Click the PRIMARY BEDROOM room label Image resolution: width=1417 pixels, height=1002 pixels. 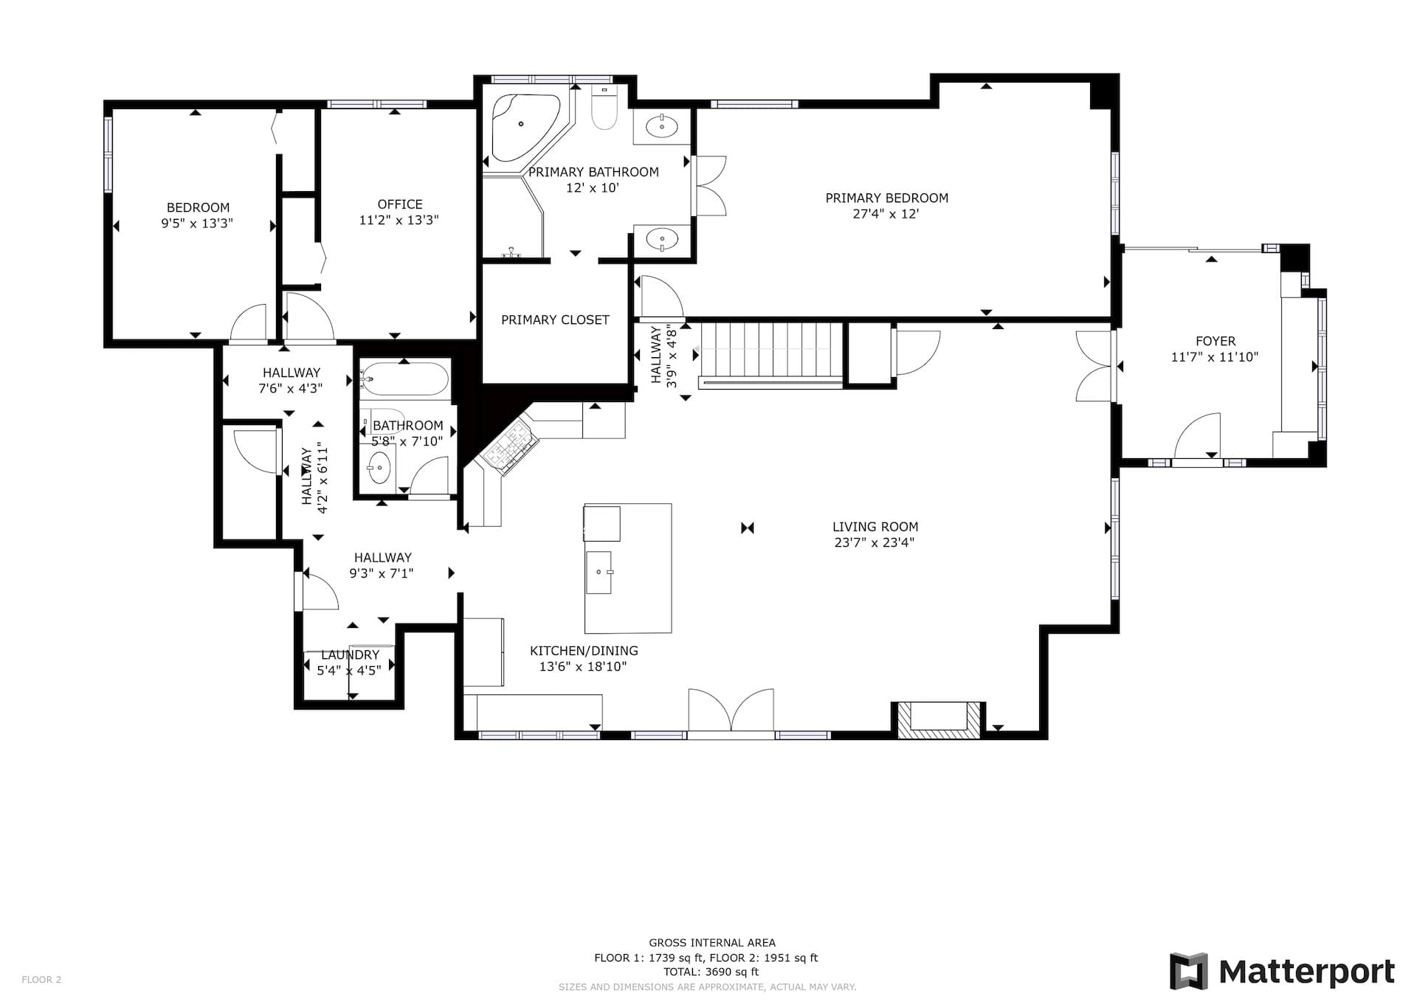pyautogui.click(x=886, y=198)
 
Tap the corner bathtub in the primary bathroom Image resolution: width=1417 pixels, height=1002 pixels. pyautogui.click(x=525, y=128)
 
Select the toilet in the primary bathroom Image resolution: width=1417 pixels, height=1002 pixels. pyautogui.click(x=604, y=108)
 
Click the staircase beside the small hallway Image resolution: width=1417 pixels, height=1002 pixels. pyautogui.click(x=771, y=355)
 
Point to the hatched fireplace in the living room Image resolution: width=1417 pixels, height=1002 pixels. pyautogui.click(x=939, y=719)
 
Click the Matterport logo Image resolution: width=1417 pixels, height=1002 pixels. pyautogui.click(x=1283, y=971)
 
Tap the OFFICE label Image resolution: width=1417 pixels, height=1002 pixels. pyautogui.click(x=400, y=204)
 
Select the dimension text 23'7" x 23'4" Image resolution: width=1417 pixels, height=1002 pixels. pyautogui.click(x=875, y=543)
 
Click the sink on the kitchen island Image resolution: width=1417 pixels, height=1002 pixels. pyautogui.click(x=599, y=572)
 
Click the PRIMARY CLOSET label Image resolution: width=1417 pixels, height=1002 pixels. pyautogui.click(x=555, y=319)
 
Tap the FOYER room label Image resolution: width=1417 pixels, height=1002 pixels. pyautogui.click(x=1216, y=341)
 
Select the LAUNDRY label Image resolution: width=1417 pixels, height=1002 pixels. pyautogui.click(x=350, y=654)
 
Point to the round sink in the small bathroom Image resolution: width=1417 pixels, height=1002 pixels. pyautogui.click(x=379, y=467)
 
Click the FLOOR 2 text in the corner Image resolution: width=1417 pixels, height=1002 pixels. pyautogui.click(x=41, y=980)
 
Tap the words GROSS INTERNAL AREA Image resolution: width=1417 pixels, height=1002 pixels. pyautogui.click(x=712, y=942)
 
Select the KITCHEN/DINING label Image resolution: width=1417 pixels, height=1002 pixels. pyautogui.click(x=584, y=651)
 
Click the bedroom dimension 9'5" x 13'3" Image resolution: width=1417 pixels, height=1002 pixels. pyautogui.click(x=197, y=224)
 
